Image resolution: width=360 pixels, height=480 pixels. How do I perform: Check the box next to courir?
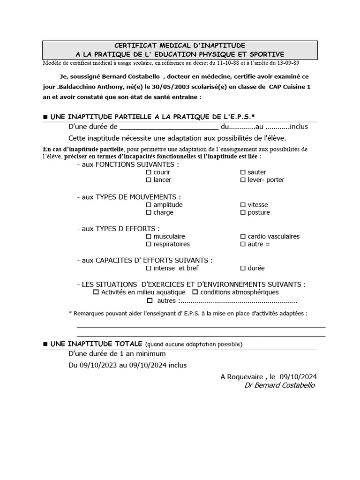pos(149,172)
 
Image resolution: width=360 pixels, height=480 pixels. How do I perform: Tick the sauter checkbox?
pos(243,172)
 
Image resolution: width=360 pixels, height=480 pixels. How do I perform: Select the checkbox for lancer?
pos(149,180)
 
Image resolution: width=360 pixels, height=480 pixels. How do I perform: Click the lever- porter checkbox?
pos(243,180)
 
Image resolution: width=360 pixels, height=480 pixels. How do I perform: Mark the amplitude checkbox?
pos(149,205)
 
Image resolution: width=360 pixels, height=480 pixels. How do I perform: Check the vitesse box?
pos(243,205)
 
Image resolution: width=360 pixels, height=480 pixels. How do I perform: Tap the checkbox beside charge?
pos(149,212)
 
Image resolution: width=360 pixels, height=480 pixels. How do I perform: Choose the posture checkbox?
pos(243,212)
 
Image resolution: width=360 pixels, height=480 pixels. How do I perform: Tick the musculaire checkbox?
pos(149,237)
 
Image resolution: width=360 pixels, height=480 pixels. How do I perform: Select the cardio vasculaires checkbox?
pos(243,237)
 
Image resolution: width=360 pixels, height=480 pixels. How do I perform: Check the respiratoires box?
pos(149,244)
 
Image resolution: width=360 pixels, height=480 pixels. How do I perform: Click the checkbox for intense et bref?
pos(149,268)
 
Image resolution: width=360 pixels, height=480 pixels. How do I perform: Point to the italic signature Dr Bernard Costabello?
pos(280,385)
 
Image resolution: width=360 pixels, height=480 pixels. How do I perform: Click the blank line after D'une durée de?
pos(169,127)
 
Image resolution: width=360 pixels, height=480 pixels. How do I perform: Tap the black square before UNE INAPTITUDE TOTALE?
pos(45,344)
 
